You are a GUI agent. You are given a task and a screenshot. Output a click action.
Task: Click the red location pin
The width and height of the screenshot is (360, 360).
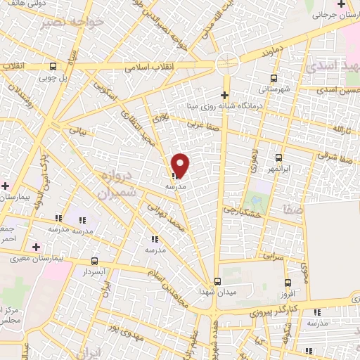tap(181, 165)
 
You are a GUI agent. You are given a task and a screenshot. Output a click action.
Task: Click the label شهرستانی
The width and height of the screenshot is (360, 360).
tap(273, 89)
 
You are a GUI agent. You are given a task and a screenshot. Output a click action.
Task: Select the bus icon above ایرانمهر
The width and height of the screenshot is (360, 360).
tap(279, 157)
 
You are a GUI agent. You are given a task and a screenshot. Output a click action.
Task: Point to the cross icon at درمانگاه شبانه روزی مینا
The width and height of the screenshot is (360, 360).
tap(224, 95)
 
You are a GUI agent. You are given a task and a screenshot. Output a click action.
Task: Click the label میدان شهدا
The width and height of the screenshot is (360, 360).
tap(214, 290)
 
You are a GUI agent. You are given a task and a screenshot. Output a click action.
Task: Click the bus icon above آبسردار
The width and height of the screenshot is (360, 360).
tap(95, 260)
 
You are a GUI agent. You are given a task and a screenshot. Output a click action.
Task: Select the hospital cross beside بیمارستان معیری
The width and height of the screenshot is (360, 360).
tap(36, 247)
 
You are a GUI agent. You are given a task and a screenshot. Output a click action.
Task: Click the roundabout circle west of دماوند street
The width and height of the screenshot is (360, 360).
tap(228, 63)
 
